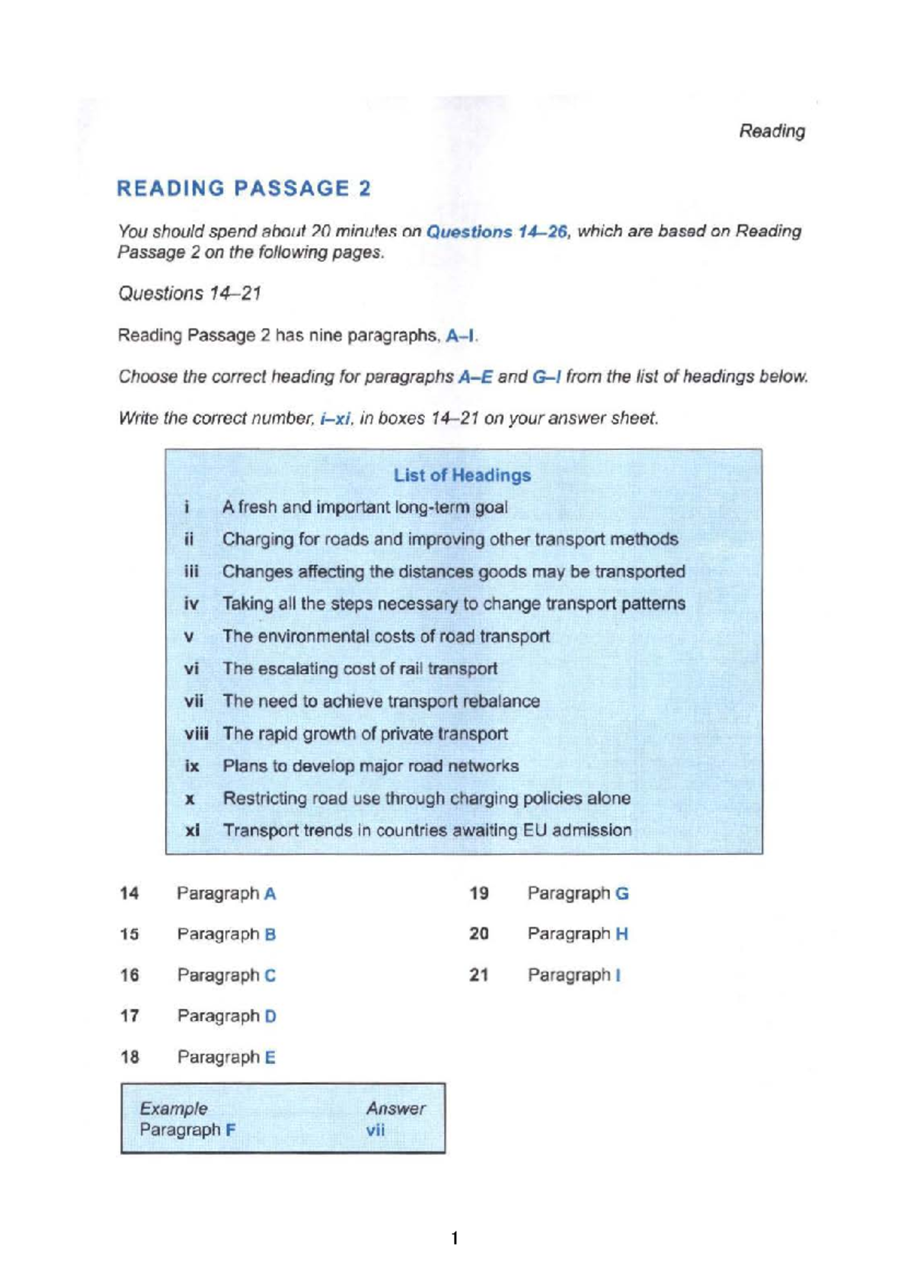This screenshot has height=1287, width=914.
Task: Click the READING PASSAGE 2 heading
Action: click(x=244, y=189)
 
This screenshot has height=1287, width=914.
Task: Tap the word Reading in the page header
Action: click(x=772, y=131)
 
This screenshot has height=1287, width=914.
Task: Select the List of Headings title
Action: click(x=462, y=475)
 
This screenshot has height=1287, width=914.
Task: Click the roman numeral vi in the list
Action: click(x=191, y=669)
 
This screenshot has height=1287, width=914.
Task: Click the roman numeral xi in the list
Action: click(x=192, y=830)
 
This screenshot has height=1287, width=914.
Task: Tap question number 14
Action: click(x=129, y=893)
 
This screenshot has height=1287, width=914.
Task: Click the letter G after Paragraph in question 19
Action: click(x=622, y=893)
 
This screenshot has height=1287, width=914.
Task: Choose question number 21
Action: click(x=479, y=975)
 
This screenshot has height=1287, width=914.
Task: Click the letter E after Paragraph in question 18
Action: click(x=270, y=1057)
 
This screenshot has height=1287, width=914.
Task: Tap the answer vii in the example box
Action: click(x=375, y=1130)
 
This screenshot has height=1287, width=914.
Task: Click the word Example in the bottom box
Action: click(x=174, y=1109)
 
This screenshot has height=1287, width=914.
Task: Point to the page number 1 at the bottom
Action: click(x=455, y=1238)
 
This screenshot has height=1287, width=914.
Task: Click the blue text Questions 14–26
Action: click(x=497, y=232)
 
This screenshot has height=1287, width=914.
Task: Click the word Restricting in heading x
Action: click(x=262, y=798)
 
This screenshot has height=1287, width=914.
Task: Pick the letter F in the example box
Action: click(x=230, y=1130)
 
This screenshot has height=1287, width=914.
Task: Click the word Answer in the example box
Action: click(x=395, y=1109)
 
